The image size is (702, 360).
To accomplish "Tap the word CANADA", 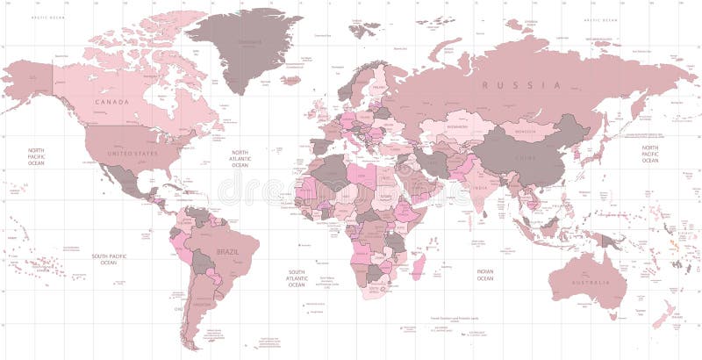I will (x=111, y=102).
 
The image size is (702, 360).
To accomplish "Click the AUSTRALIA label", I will (x=591, y=282).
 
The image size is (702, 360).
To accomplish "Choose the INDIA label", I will (x=480, y=188).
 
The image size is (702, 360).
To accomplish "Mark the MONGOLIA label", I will (x=525, y=131).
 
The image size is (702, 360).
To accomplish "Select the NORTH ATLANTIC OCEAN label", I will (x=240, y=158).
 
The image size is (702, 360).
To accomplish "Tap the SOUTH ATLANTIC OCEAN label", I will (x=297, y=278).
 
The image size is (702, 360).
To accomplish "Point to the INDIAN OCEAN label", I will (x=484, y=275).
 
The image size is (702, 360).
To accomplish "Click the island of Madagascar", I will (x=419, y=264).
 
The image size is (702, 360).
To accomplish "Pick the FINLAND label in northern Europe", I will (x=379, y=87).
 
